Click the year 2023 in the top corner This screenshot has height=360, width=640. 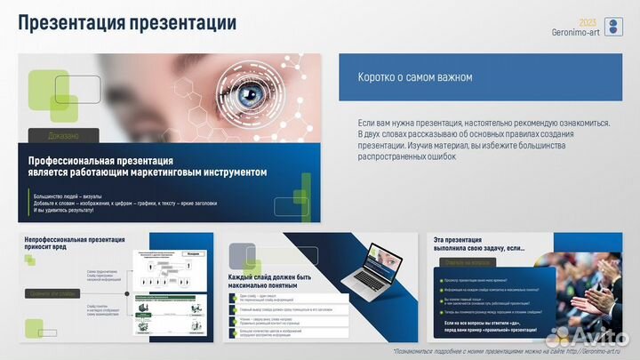coord(588,21)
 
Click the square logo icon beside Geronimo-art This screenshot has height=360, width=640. coord(613,27)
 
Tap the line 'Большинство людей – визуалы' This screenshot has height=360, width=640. coord(68,196)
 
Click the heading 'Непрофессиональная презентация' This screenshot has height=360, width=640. coord(75,240)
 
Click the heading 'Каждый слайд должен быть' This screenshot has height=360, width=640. coord(269,278)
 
